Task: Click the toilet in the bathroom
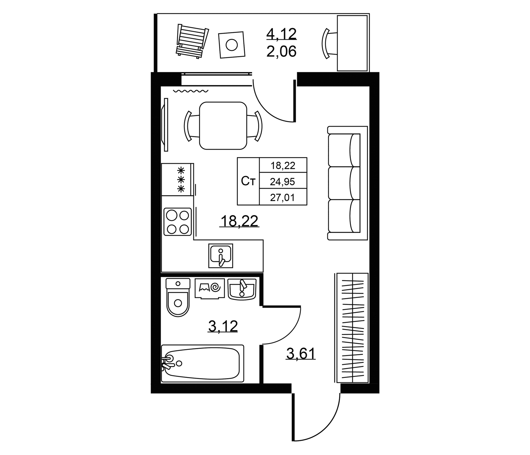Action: tap(178, 297)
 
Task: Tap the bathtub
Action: tap(203, 364)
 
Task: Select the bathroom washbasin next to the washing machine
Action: tap(242, 289)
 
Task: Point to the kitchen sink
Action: tap(221, 256)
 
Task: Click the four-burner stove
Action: tap(177, 222)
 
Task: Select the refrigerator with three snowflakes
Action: tap(177, 179)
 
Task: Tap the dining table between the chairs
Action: tap(223, 126)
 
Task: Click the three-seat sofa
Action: tap(347, 183)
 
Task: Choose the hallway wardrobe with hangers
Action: tap(352, 328)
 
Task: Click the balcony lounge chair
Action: tap(192, 41)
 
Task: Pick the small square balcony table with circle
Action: tap(232, 45)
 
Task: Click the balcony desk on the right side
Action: tap(353, 43)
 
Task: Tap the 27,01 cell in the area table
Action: tap(283, 197)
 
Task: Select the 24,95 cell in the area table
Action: tap(283, 181)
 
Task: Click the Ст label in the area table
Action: tap(248, 181)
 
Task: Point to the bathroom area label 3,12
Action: tap(223, 326)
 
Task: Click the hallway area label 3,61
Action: tap(301, 354)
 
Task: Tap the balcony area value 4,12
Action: tap(282, 34)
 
